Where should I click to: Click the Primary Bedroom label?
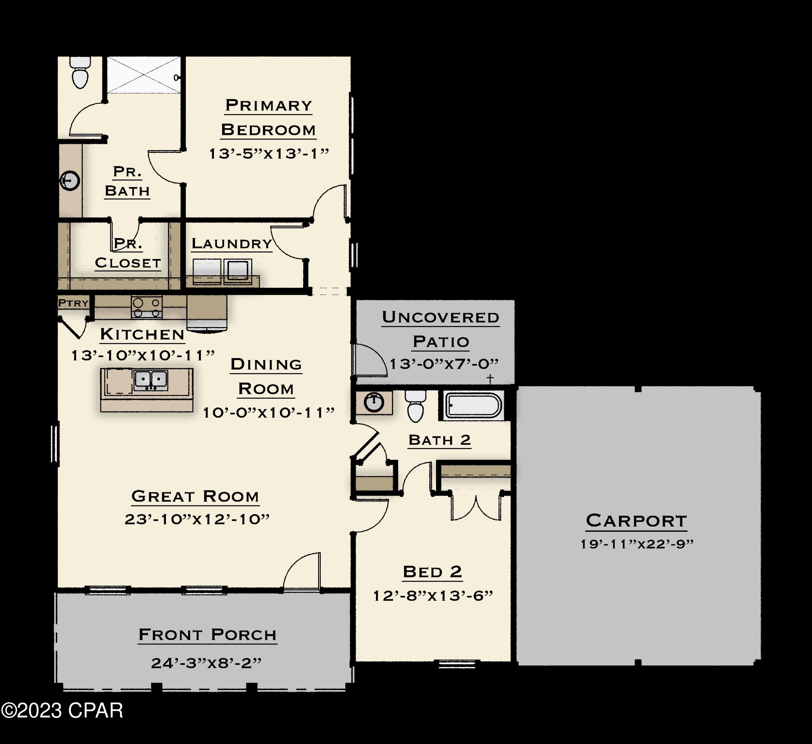[268, 117]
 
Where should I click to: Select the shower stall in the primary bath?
[143, 75]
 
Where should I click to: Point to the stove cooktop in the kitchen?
[147, 307]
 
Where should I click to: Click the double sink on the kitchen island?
[151, 380]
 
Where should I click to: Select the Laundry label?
[232, 244]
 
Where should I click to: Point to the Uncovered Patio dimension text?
[443, 364]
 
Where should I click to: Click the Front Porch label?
[207, 635]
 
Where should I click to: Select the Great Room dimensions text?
[197, 519]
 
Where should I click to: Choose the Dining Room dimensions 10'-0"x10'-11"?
[268, 413]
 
